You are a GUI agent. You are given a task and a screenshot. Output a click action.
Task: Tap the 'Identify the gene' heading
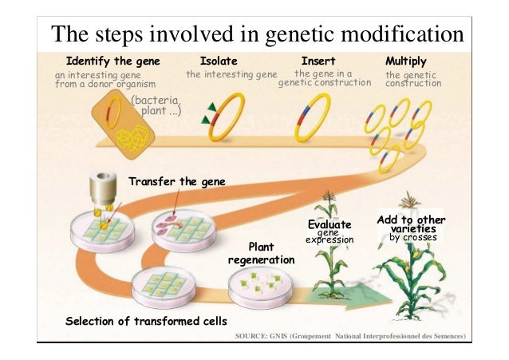[x=112, y=61]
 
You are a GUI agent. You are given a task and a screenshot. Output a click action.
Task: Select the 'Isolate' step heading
[x=218, y=61]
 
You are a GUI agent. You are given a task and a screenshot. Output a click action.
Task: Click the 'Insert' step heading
[x=318, y=61]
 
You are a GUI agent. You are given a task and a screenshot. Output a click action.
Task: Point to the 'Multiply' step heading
[x=405, y=61]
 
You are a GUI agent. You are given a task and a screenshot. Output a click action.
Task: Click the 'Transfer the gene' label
[x=177, y=182]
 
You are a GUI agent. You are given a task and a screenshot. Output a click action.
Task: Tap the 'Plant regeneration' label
[x=261, y=254]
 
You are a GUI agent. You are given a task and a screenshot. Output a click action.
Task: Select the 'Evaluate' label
[x=329, y=225]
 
